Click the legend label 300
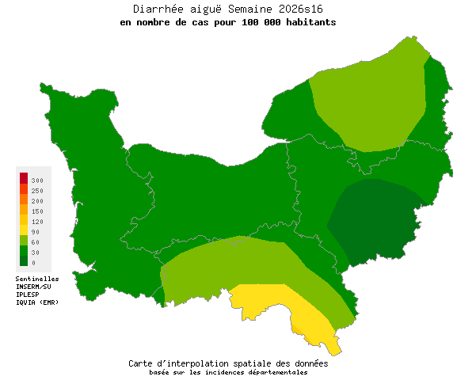pos(37,181)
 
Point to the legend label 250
pos(37,191)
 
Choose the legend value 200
pos(37,201)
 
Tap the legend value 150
pos(37,211)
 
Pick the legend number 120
pos(37,222)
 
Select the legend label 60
pos(36,242)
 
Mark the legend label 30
pos(36,253)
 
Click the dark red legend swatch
pos(24,177)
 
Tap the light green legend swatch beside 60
pos(24,241)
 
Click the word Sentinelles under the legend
pos(37,279)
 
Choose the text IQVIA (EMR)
pos(37,302)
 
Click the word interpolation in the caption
pos(211,363)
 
